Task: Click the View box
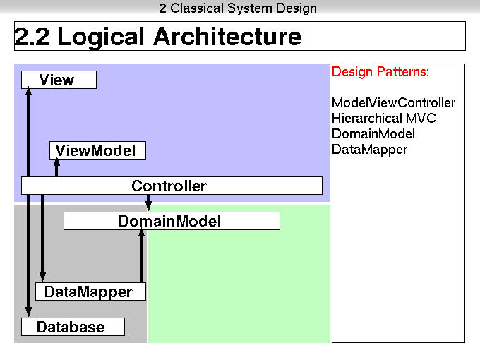coord(59,80)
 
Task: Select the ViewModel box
coord(97,150)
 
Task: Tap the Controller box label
coord(169,186)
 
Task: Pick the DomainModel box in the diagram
coord(172,221)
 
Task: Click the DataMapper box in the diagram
coord(90,292)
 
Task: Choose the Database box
coord(73,327)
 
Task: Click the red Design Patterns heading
coord(380,71)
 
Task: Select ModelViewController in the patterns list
coord(393,103)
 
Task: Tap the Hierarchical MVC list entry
coord(384,118)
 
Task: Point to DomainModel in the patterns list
coord(373,134)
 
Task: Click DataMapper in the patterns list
coord(369,150)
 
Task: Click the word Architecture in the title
coord(227,37)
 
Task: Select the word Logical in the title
coord(100,37)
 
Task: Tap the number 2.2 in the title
coord(32,37)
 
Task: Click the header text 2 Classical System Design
coord(238,8)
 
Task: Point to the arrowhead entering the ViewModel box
coord(56,162)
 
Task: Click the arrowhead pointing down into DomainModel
coord(148,206)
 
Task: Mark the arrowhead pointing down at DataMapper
coord(42,277)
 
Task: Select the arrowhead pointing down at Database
coord(28,311)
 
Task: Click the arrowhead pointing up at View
coord(28,92)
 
